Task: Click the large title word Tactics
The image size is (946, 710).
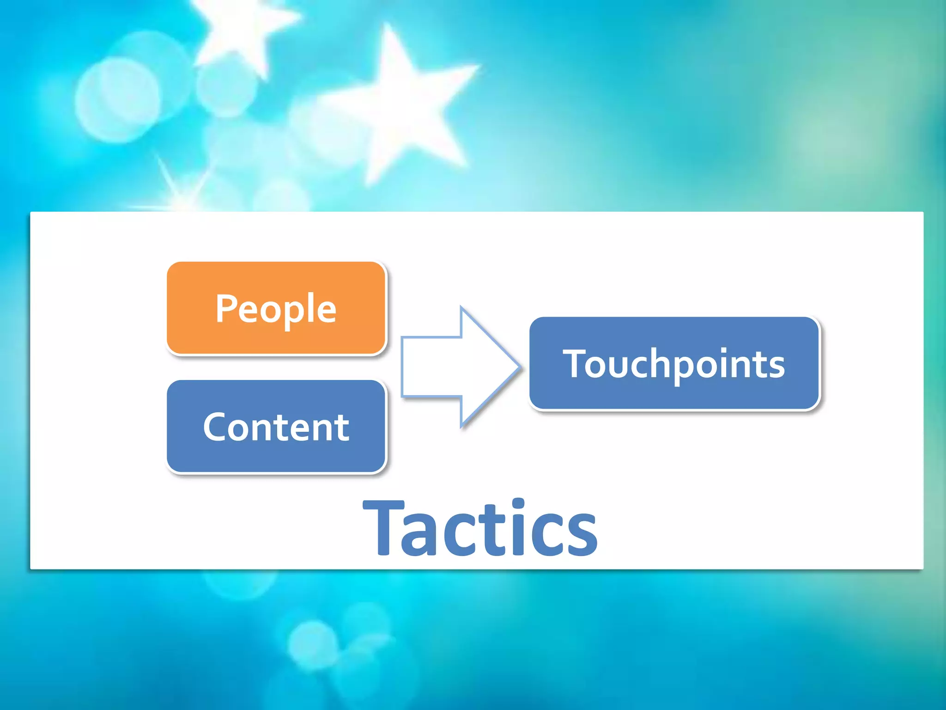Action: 480,528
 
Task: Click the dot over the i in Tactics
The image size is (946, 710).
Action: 518,503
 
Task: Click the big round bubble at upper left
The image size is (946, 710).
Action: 118,99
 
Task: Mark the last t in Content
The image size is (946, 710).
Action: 342,428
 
